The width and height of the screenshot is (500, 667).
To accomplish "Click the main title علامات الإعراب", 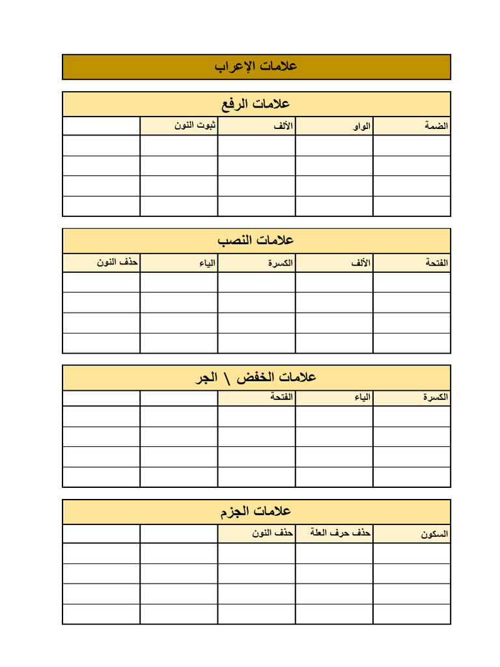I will pos(256,66).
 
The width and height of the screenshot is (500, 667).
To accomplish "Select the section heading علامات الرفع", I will pos(256,104).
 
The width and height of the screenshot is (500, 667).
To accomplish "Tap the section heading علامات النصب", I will pos(256,240).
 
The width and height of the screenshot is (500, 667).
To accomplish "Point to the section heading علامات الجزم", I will pos(256,511).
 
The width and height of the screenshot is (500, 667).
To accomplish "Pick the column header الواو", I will pos(361,126).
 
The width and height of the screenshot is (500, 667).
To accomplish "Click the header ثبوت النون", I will pos(195,126).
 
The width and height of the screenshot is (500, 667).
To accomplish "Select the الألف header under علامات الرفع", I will pos(283,126).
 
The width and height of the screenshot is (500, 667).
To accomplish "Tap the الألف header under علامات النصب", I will pos(361,263).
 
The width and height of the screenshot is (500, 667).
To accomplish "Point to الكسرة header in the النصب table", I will pos(280,263).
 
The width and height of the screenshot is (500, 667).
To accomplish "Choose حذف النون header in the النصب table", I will pos(118,263).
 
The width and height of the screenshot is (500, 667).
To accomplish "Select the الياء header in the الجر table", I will pos(361,397).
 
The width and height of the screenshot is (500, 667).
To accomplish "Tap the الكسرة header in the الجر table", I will pos(435,397).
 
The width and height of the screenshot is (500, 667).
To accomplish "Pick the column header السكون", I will pos(434,534).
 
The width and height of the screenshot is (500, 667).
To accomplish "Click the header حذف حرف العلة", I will pos(343,533).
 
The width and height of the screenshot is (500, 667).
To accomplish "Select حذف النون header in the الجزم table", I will pos(273,533).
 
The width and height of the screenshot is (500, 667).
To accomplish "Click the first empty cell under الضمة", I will pos(411,145).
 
